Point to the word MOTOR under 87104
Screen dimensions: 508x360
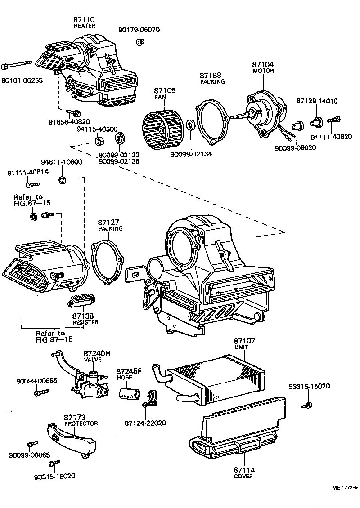pyautogui.click(x=263, y=71)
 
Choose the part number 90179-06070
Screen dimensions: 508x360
pyautogui.click(x=139, y=30)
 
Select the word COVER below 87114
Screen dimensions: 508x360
pyautogui.click(x=243, y=476)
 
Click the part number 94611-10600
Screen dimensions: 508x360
pyautogui.click(x=61, y=162)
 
